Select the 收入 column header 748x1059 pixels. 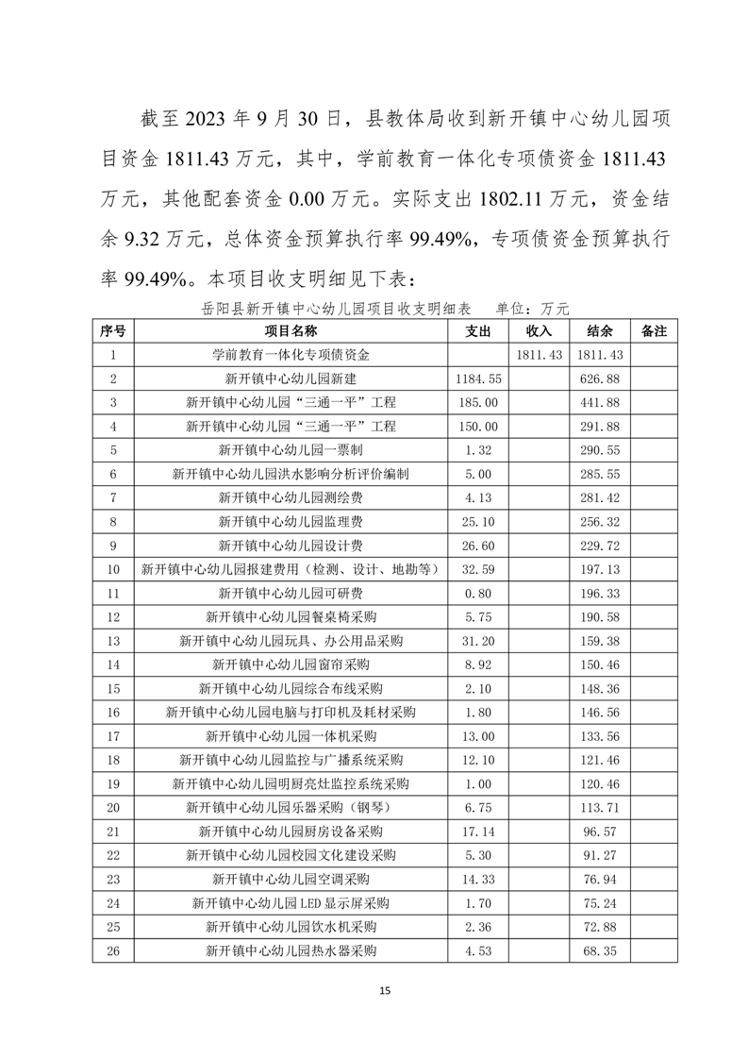click(x=539, y=331)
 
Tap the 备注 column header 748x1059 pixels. click(x=653, y=331)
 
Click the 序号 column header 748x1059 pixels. click(x=112, y=331)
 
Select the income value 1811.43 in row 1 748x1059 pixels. click(x=539, y=355)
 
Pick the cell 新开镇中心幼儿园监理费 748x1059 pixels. click(x=291, y=521)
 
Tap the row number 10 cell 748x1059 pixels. click(x=112, y=569)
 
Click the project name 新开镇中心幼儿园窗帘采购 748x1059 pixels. click(x=291, y=664)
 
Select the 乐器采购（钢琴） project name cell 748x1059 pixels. click(x=291, y=808)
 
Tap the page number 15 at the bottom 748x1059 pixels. click(x=383, y=991)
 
